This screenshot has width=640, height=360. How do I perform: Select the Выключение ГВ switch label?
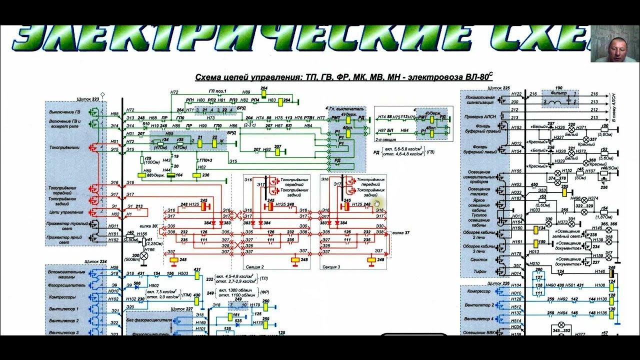coord(65,111)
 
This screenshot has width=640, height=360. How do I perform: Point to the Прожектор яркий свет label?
coord(65,237)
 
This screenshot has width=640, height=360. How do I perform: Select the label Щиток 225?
coord(498,88)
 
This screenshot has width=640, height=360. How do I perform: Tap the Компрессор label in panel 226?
coord(477,291)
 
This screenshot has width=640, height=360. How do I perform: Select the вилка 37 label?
coord(400,233)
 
